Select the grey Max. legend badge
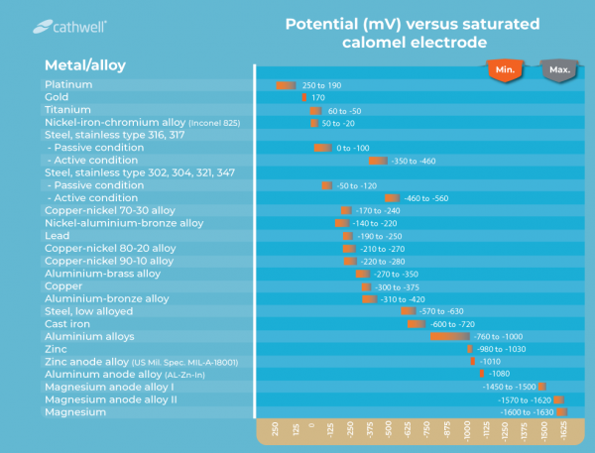[x=559, y=70]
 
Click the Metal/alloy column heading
[x=84, y=65]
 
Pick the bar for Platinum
[x=287, y=86]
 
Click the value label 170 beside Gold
[x=318, y=98]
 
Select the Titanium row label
[x=67, y=110]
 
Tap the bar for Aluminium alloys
[x=448, y=336]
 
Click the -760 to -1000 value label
[x=512, y=336]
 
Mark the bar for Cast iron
[x=415, y=324]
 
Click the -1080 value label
[x=500, y=374]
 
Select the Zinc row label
[x=56, y=349]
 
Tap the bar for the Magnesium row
[x=561, y=411]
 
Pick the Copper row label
[x=63, y=285]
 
